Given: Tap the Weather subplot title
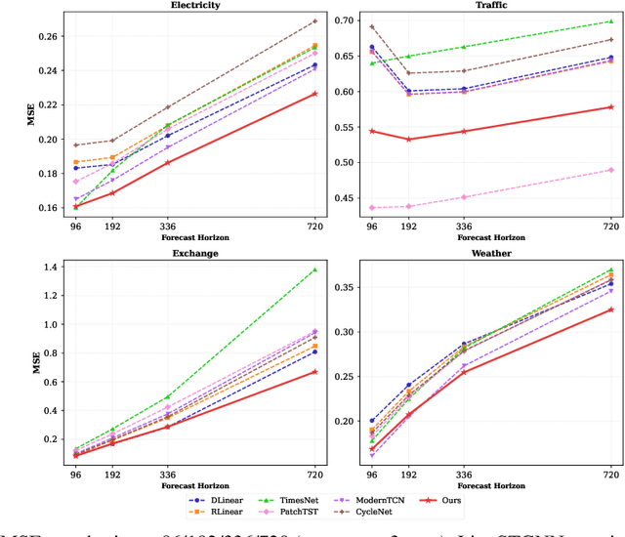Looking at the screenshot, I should point(491,253).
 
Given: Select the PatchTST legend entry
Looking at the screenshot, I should point(304,511).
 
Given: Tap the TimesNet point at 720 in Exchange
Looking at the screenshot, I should point(314,269).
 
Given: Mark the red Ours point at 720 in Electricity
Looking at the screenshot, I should point(314,94).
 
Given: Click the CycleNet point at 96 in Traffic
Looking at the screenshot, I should point(371,27).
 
